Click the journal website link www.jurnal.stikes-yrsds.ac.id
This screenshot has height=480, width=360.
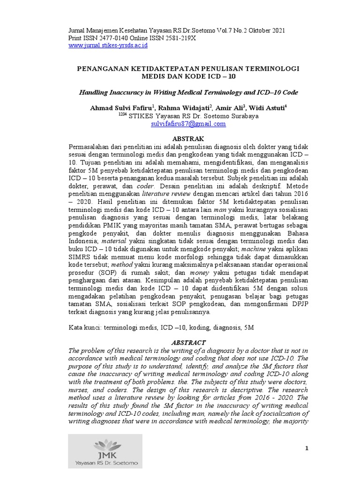click(108, 45)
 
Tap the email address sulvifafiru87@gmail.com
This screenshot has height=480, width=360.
click(188, 124)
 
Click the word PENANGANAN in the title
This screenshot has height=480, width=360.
click(103, 68)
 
